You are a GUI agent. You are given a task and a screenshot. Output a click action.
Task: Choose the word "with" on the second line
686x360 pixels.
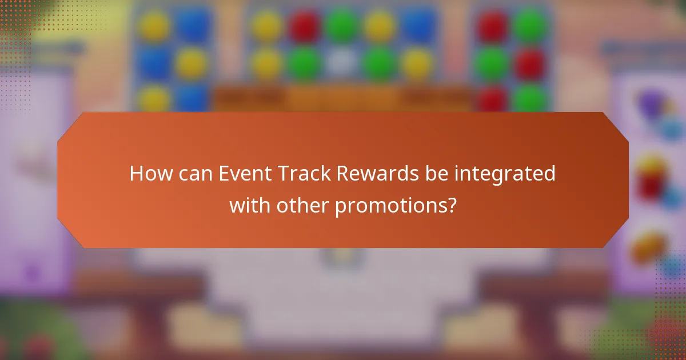coord(249,204)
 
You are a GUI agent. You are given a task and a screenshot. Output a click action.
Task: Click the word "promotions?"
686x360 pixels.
coord(396,205)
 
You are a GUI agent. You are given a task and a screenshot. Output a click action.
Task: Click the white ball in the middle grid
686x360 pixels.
coord(342,62)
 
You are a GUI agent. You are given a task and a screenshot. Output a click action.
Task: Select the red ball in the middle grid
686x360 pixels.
coord(304,26)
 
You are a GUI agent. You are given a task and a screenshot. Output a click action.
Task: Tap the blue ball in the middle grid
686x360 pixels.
coord(418,26)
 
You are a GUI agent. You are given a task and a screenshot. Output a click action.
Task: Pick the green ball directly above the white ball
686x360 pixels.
coord(342,26)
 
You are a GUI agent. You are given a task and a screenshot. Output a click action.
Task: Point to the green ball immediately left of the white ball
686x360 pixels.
coord(304,62)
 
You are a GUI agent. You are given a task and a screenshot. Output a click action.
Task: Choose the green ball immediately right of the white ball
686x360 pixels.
coord(380,62)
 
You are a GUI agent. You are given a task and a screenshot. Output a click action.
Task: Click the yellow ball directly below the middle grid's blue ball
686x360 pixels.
coord(418,62)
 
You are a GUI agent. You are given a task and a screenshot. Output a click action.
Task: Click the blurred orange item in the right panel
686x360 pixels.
coord(649,246)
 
